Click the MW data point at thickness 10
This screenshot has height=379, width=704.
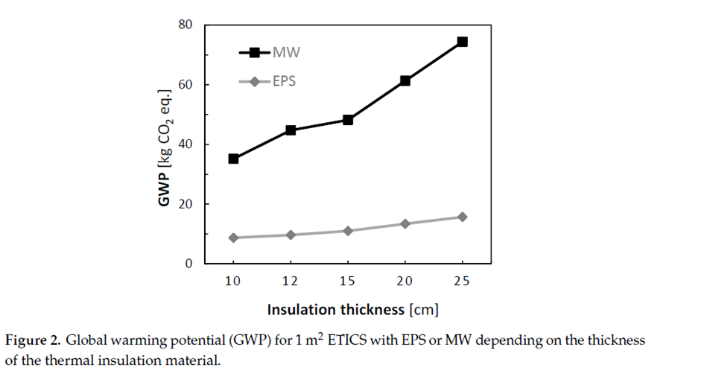click(x=233, y=159)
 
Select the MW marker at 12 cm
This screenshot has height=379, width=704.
click(x=291, y=130)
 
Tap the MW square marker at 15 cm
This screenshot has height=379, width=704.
click(x=348, y=120)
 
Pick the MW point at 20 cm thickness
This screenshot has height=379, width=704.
click(x=405, y=80)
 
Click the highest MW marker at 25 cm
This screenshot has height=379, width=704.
click(x=462, y=42)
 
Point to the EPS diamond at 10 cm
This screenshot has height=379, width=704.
click(x=233, y=238)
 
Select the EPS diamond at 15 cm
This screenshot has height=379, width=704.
click(x=348, y=231)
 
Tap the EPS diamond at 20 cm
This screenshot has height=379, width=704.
click(x=405, y=223)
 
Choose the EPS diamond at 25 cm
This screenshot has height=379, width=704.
click(x=462, y=217)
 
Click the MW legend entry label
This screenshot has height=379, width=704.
click(x=286, y=53)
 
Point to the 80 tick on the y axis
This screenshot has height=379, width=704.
click(x=185, y=25)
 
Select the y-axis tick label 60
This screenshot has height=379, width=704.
click(x=185, y=85)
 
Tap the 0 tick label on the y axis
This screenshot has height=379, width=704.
click(x=188, y=264)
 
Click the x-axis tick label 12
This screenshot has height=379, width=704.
click(x=291, y=281)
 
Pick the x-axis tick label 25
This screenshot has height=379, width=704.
click(x=462, y=281)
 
